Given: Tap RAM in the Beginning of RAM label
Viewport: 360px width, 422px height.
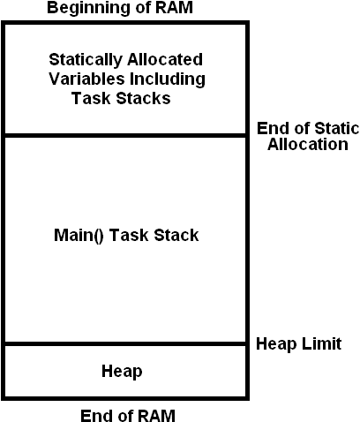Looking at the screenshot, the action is [174, 7].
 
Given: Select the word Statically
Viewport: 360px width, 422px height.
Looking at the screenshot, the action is [86, 60].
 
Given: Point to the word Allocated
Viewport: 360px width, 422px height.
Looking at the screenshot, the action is [165, 59].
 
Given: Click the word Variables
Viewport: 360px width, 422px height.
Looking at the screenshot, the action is [86, 79].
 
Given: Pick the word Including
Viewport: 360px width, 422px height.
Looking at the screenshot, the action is [168, 79].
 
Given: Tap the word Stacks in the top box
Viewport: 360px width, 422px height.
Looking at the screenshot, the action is [144, 98].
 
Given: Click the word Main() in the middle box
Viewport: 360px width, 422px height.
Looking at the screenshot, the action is [79, 236].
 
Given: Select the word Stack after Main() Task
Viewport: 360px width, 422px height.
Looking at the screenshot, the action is [176, 235].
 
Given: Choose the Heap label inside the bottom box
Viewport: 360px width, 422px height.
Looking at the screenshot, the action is [122, 372].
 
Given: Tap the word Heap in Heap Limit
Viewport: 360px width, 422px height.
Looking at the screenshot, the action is [276, 344].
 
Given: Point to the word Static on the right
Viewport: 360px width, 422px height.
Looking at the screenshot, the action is [337, 129].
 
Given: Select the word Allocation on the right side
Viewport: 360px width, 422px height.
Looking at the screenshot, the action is [308, 144].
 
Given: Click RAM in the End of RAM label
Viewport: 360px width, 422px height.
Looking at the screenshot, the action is [156, 415].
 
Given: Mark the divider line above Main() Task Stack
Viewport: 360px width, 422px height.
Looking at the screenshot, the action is [125, 135].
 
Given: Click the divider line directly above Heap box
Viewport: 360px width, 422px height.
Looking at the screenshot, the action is [125, 344].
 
